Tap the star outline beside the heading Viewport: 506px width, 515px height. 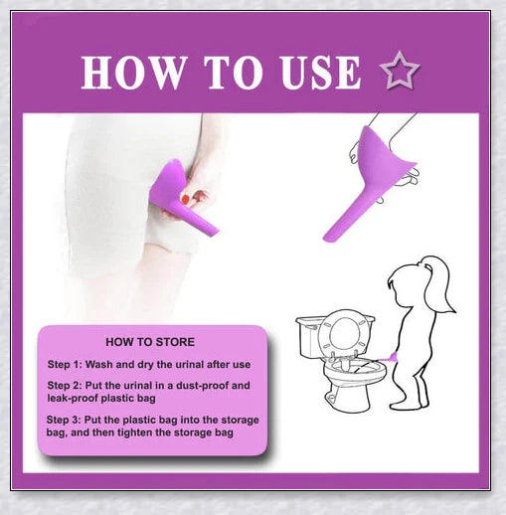pyautogui.click(x=400, y=73)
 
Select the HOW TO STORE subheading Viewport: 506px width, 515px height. pyautogui.click(x=150, y=342)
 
